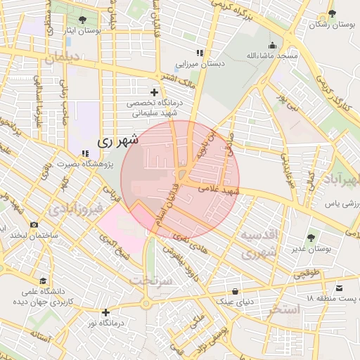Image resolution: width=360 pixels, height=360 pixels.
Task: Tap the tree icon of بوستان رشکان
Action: coord(332,13)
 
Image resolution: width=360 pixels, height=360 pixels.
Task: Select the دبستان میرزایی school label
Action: coord(200,64)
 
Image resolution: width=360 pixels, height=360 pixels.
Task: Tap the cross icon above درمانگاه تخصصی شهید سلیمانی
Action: coord(155,92)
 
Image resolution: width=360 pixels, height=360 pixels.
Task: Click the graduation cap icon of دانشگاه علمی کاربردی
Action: coord(44,281)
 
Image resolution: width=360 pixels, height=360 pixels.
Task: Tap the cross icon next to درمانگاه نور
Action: coord(105,312)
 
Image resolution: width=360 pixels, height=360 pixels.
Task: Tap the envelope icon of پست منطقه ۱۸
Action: coord(340,288)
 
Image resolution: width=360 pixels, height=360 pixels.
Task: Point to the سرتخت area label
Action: coord(150,280)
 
